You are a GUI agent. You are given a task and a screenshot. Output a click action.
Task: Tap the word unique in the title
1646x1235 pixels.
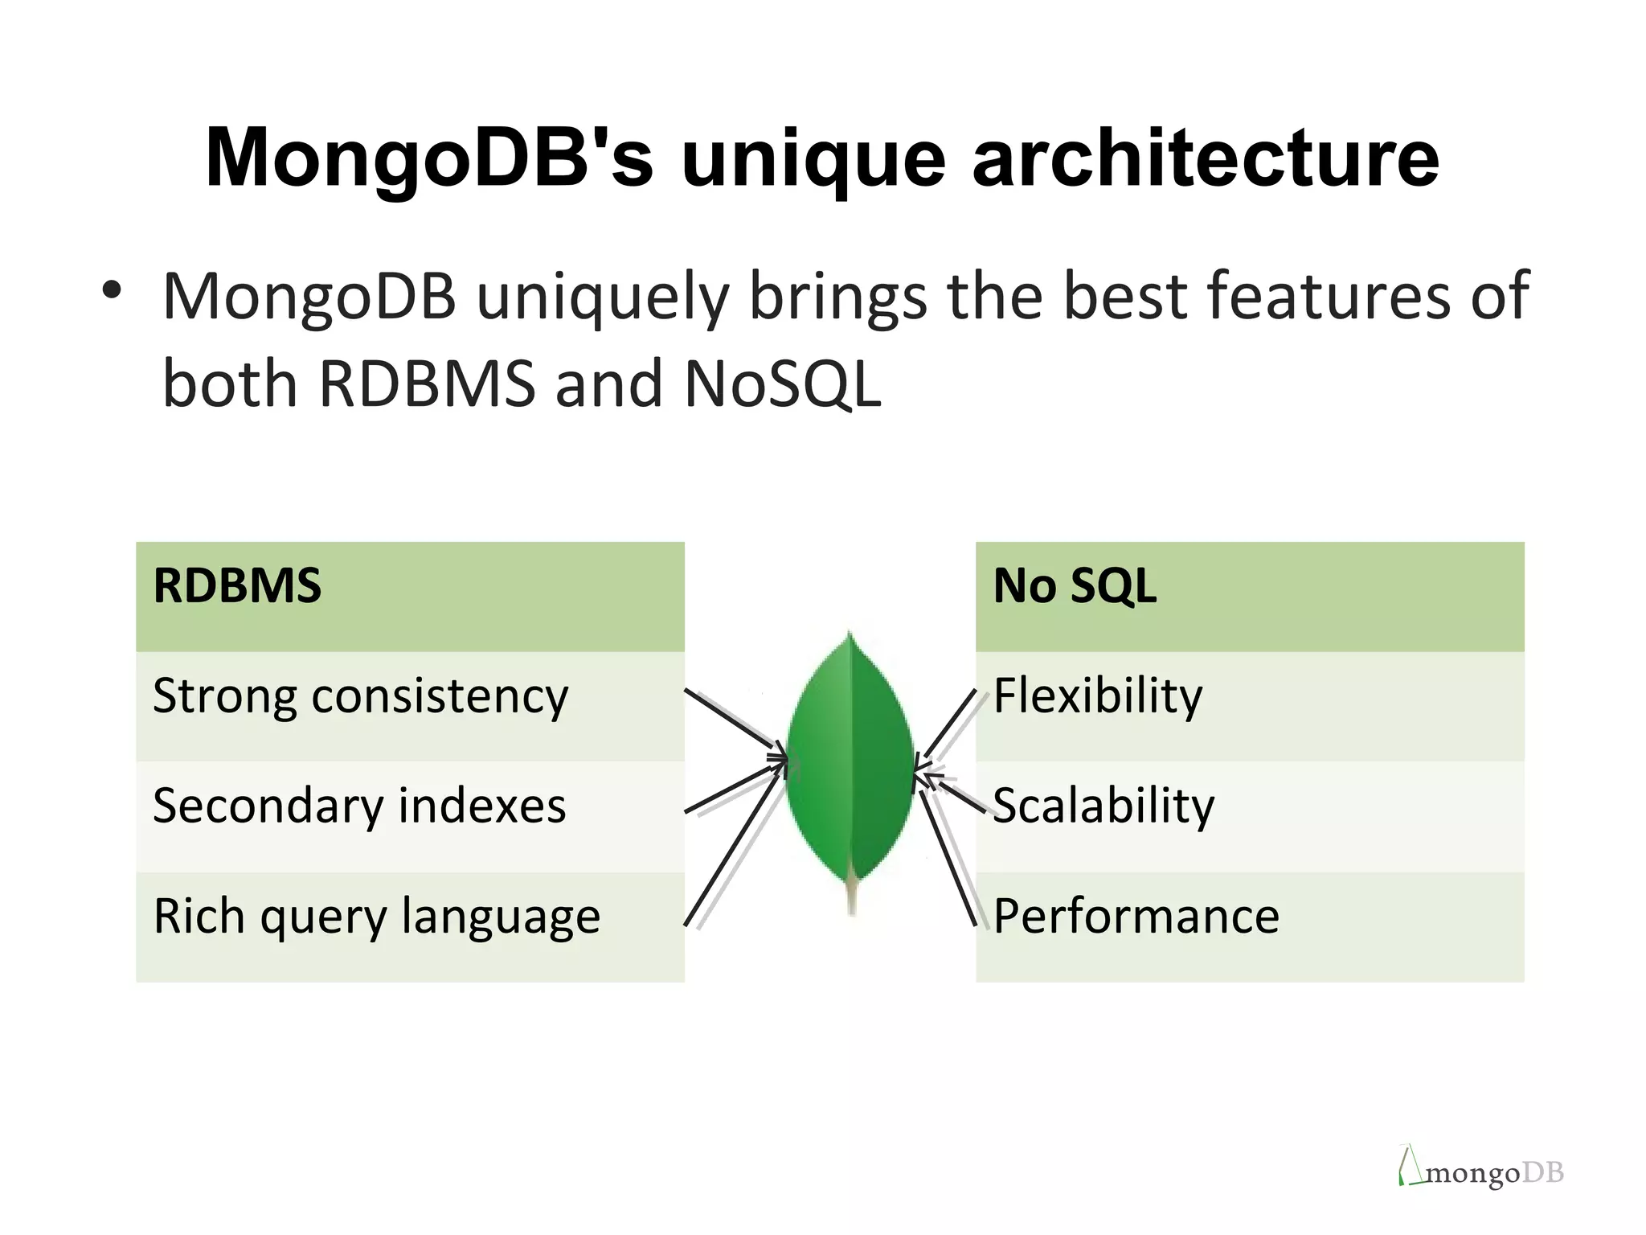click(x=813, y=161)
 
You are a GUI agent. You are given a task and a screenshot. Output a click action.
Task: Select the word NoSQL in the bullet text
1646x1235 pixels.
click(x=783, y=384)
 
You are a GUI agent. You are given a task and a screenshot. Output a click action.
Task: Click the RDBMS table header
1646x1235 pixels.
click(x=410, y=596)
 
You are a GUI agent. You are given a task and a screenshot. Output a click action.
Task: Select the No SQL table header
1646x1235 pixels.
click(x=1249, y=596)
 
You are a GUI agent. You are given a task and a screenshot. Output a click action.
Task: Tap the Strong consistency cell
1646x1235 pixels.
click(x=410, y=705)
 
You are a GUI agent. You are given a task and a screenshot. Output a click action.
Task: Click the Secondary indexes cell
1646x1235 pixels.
click(x=410, y=815)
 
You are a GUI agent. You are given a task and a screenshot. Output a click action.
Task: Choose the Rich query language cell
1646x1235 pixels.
click(x=410, y=925)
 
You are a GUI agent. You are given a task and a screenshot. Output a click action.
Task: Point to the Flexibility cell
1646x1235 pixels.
click(x=1249, y=705)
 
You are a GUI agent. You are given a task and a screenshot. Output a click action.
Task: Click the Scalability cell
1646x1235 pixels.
click(x=1249, y=815)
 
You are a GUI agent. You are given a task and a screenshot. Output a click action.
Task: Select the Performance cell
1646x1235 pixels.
click(x=1249, y=925)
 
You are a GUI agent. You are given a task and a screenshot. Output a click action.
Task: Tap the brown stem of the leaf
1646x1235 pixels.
click(x=852, y=897)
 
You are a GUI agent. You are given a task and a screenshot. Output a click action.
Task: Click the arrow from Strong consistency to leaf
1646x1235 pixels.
click(x=732, y=721)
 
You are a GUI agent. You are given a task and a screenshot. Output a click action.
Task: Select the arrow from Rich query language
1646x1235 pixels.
click(x=734, y=848)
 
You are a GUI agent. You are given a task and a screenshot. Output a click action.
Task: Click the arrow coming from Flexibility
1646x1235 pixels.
click(x=950, y=724)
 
